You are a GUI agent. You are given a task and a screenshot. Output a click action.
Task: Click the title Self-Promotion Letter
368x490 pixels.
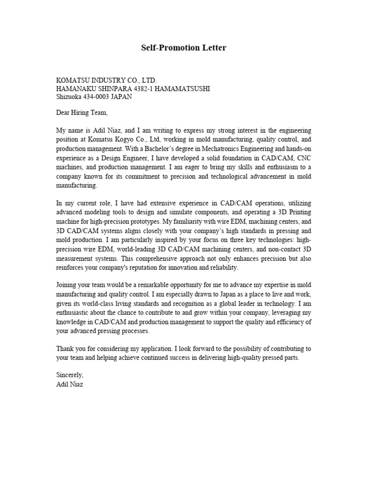(184, 48)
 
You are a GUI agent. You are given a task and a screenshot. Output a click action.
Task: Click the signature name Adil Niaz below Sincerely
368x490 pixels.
(69, 385)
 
